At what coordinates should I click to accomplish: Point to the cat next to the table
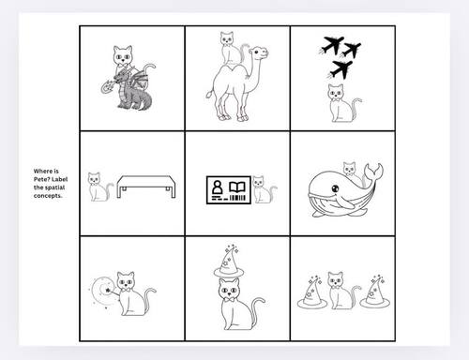click(x=97, y=187)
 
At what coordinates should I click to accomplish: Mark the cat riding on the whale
click(x=350, y=170)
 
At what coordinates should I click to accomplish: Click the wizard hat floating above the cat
click(x=226, y=262)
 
